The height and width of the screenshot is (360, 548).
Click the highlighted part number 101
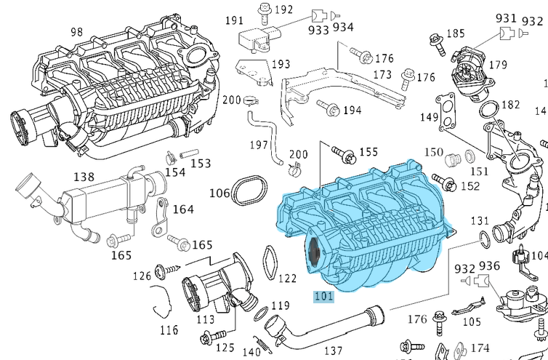(x=323, y=296)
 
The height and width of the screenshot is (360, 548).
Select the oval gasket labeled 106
(x=251, y=191)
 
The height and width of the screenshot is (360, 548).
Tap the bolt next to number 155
(x=342, y=153)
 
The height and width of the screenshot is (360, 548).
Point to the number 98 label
(x=77, y=32)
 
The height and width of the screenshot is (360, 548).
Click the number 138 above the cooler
(x=84, y=176)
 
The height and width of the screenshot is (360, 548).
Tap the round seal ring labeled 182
(x=490, y=109)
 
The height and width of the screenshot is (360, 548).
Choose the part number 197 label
(x=259, y=145)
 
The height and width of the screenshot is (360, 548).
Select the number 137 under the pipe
(x=334, y=351)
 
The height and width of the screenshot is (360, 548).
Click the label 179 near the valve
(x=498, y=65)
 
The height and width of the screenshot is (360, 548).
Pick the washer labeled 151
(x=470, y=156)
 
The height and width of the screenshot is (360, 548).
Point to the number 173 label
(x=382, y=74)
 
